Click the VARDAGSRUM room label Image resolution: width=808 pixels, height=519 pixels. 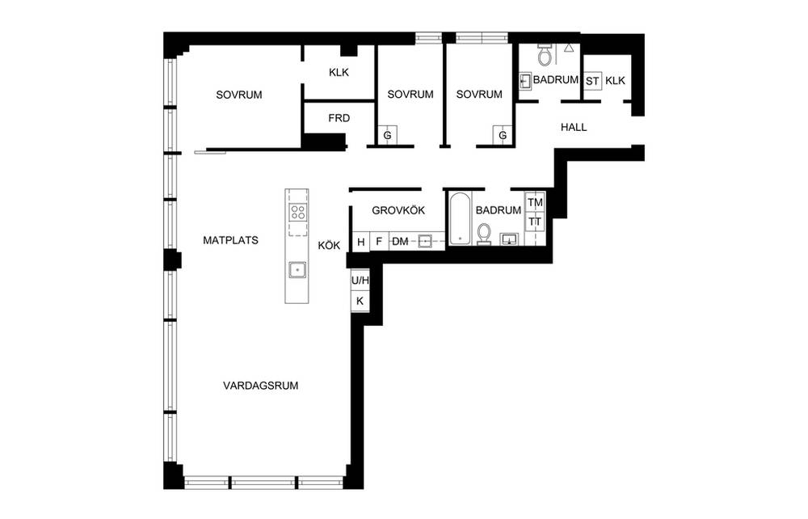click(x=260, y=386)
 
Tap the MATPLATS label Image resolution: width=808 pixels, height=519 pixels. click(x=230, y=240)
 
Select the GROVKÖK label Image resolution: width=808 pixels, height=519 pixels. click(x=398, y=210)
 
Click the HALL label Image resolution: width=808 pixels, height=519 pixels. click(x=574, y=127)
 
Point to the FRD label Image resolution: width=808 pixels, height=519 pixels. click(x=339, y=118)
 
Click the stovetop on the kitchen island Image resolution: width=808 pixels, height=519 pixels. click(x=297, y=213)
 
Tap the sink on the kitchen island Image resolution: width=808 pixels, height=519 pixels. click(x=297, y=269)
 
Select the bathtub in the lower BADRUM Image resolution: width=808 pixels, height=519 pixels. click(x=460, y=218)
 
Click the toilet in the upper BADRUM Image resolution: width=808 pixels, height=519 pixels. click(x=545, y=54)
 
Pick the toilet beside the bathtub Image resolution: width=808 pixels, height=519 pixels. click(x=484, y=234)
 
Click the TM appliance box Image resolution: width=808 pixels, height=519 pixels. click(x=535, y=203)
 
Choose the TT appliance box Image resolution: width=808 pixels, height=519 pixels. click(x=535, y=222)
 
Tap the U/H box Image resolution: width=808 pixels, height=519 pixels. click(x=360, y=281)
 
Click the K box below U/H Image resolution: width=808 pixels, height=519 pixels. click(x=360, y=302)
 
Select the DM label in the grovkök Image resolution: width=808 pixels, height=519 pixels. click(x=401, y=242)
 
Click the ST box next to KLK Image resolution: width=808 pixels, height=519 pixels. click(x=592, y=81)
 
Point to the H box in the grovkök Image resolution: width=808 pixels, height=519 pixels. click(x=360, y=242)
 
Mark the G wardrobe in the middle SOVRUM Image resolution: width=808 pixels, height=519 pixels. click(x=388, y=135)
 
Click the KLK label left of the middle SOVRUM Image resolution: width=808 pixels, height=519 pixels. click(x=339, y=73)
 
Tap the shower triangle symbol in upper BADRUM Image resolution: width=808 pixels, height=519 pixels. click(x=568, y=48)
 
